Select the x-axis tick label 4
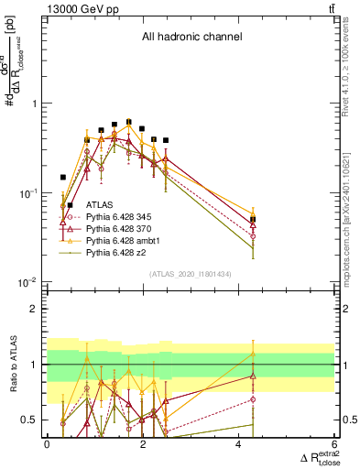(x=239, y=443)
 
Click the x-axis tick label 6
(x=335, y=443)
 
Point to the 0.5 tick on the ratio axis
(x=30, y=420)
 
